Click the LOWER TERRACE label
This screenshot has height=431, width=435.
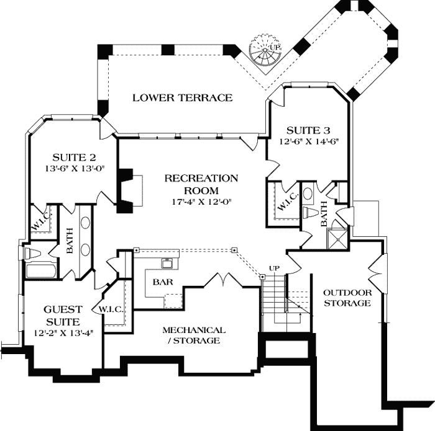[182, 97]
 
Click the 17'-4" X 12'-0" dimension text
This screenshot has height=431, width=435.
[201, 202]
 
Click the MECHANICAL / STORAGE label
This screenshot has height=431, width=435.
[194, 335]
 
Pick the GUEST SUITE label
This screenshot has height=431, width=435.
[62, 315]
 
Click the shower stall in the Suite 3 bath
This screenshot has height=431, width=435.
[339, 235]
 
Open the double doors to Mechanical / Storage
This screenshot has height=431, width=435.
[222, 280]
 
